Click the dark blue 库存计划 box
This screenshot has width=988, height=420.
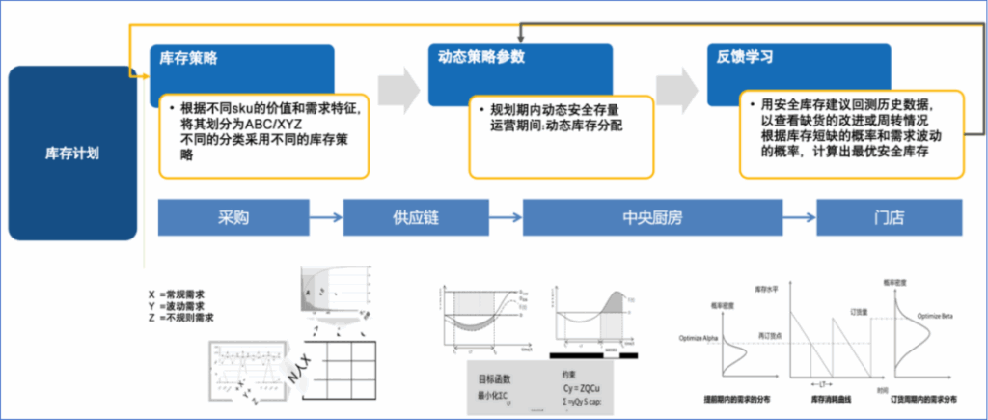point(71,152)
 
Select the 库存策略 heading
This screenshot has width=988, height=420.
point(189,57)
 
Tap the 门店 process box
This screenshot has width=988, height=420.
point(889,218)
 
